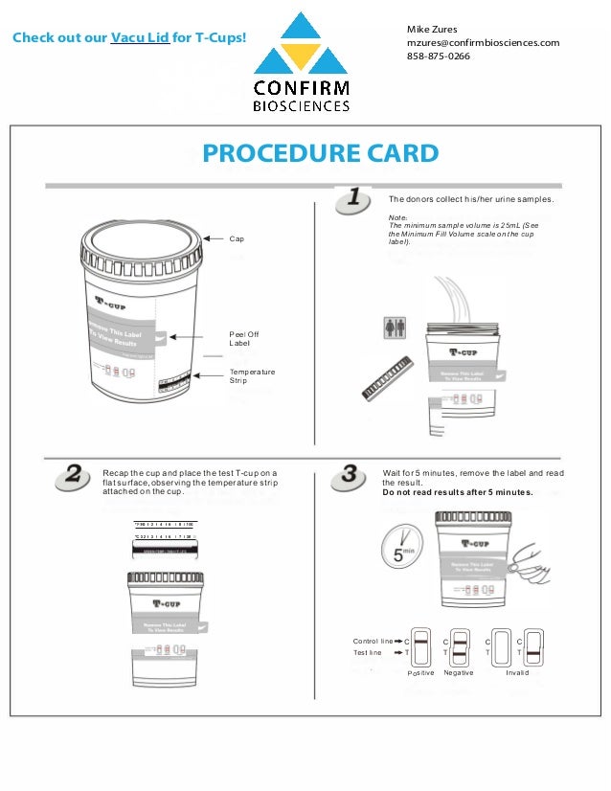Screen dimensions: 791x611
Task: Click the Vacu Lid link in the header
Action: [x=140, y=38]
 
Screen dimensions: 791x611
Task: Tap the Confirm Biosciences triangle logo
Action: [x=301, y=46]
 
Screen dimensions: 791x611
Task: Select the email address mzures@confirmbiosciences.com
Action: [x=483, y=42]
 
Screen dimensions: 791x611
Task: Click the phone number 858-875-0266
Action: [x=439, y=56]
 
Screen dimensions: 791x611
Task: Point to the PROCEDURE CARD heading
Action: [x=320, y=153]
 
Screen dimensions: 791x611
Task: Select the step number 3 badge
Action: [x=353, y=475]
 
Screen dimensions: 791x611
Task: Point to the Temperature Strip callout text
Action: [x=252, y=375]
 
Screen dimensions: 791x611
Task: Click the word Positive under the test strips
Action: [x=421, y=673]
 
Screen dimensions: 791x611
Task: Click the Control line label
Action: [x=373, y=640]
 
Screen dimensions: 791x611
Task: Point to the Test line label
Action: [x=368, y=652]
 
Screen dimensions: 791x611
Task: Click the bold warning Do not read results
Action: [x=457, y=492]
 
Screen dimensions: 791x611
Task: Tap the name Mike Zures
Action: [x=432, y=29]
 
